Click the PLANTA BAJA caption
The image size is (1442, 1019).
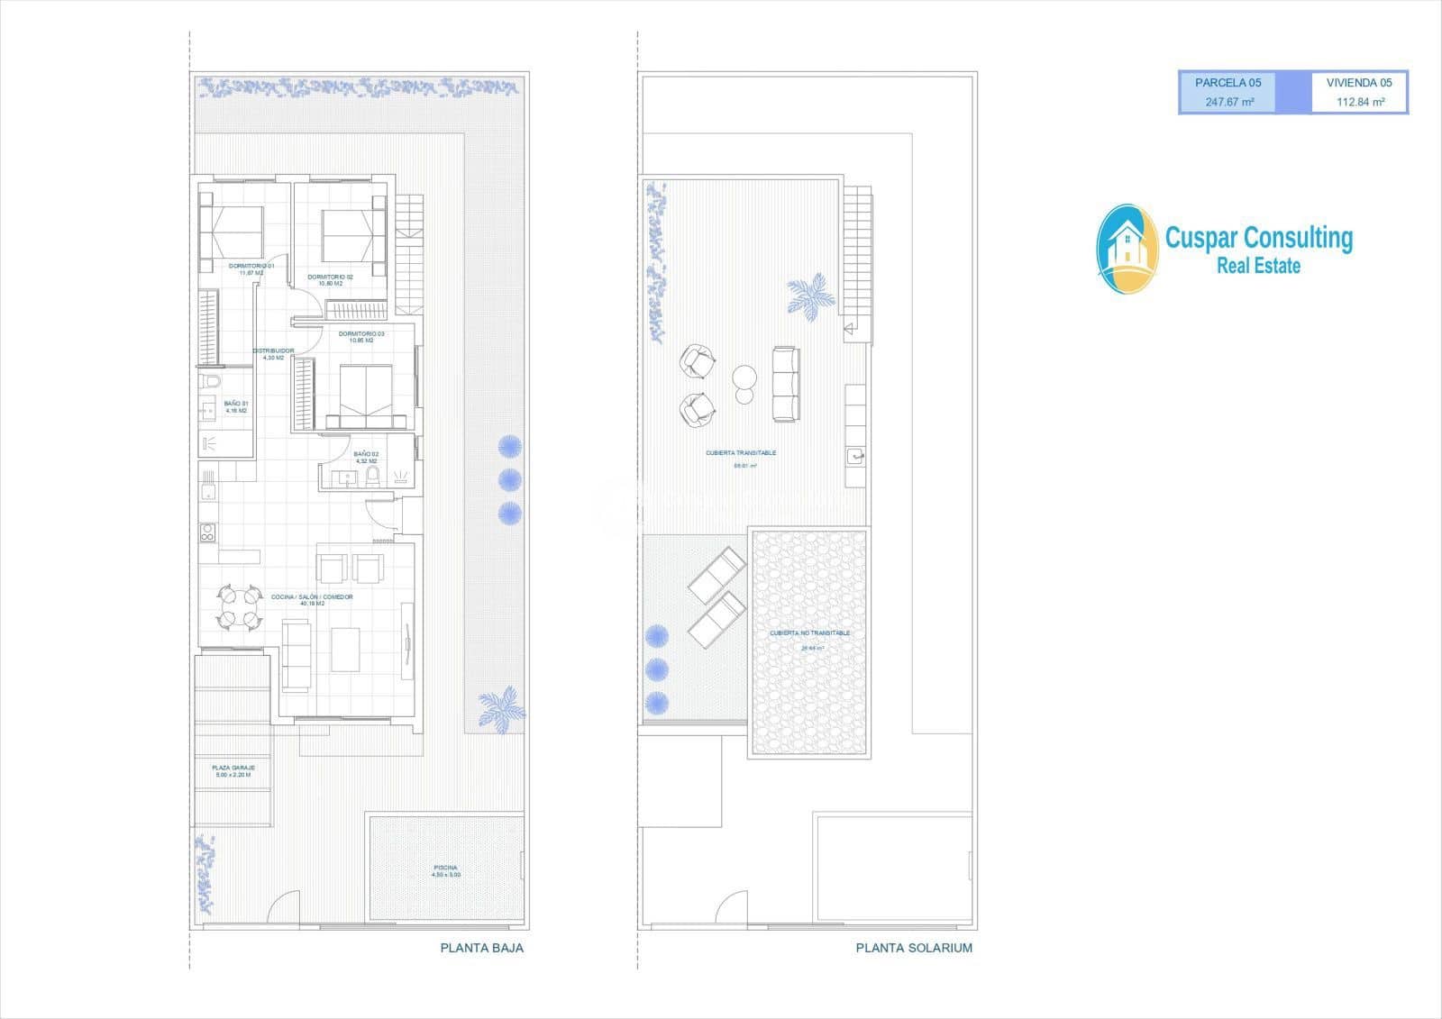[481, 948]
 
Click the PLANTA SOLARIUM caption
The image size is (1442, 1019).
[914, 948]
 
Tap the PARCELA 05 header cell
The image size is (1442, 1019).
[1228, 83]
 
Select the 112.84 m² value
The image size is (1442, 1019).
[1360, 103]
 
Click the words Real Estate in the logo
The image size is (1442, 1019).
[1258, 266]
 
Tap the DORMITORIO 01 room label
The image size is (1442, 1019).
[251, 267]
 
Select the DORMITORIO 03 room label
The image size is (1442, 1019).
[361, 334]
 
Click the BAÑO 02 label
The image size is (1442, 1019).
[366, 454]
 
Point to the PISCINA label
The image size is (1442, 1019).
[445, 869]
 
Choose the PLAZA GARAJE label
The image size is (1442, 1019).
[233, 769]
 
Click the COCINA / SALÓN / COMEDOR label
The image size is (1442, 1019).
[312, 597]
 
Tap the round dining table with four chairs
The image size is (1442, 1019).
[238, 606]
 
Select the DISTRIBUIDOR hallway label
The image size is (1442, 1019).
[272, 351]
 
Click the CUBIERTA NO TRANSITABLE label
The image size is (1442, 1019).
[809, 633]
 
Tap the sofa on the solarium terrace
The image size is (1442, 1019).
[785, 384]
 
